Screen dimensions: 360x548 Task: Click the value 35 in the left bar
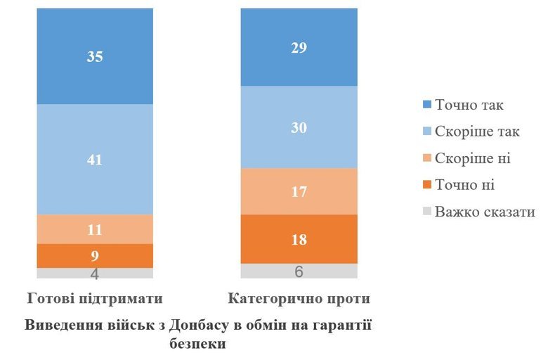(x=95, y=57)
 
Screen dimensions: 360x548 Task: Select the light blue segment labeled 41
(x=95, y=160)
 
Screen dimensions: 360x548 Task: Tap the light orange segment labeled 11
(x=95, y=229)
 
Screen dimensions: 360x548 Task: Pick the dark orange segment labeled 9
(x=95, y=255)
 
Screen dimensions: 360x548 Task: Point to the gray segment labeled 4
(x=95, y=273)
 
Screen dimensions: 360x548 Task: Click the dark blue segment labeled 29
(x=299, y=47)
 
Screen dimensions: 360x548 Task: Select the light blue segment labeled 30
(x=299, y=127)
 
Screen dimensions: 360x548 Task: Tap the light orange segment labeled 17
(x=299, y=191)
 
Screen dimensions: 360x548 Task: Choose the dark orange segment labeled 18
(x=299, y=238)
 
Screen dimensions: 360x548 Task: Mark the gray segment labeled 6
(x=299, y=271)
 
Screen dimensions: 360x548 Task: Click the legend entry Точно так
(x=469, y=105)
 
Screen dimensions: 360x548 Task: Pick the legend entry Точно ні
(x=464, y=186)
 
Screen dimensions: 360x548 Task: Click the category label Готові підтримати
(x=95, y=299)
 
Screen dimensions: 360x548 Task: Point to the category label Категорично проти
(x=299, y=299)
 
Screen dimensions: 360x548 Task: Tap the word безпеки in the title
(x=197, y=345)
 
